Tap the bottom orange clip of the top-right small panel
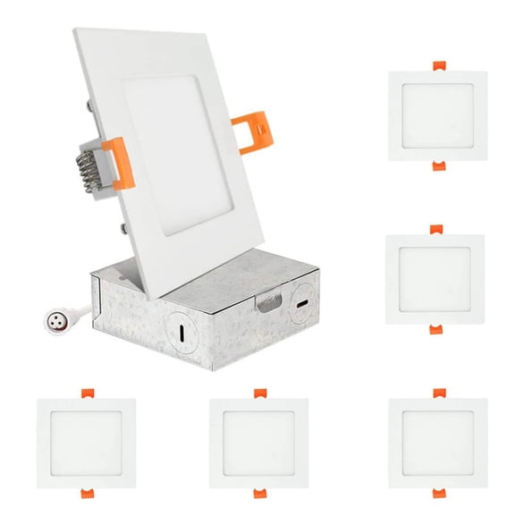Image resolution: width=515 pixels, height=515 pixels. click(437, 165)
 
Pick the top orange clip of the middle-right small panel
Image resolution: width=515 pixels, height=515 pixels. click(435, 230)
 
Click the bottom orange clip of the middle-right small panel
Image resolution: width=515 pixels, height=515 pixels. click(435, 329)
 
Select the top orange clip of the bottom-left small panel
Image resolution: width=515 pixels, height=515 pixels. click(86, 393)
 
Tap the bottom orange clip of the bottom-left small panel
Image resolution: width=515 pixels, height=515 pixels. click(86, 493)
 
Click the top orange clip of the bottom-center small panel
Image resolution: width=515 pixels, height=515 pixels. click(259, 393)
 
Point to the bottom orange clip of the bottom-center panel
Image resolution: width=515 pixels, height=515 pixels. click(259, 493)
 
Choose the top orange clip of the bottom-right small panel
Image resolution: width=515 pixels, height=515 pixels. click(437, 393)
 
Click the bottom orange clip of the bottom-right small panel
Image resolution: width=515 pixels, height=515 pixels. click(437, 493)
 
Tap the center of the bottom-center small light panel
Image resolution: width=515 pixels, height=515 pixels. click(259, 443)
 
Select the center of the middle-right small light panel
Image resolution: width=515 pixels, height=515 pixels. click(435, 280)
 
